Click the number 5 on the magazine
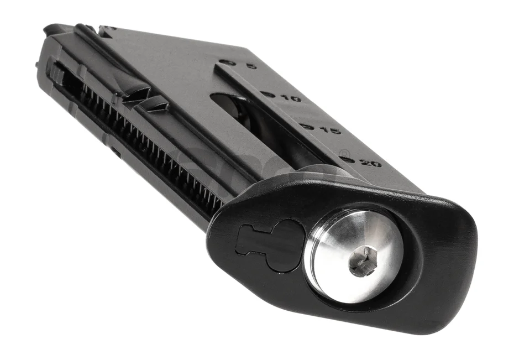[x=251, y=66]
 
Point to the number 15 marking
[x=332, y=131]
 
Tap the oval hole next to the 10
[x=269, y=94]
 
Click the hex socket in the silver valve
[x=363, y=262]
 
